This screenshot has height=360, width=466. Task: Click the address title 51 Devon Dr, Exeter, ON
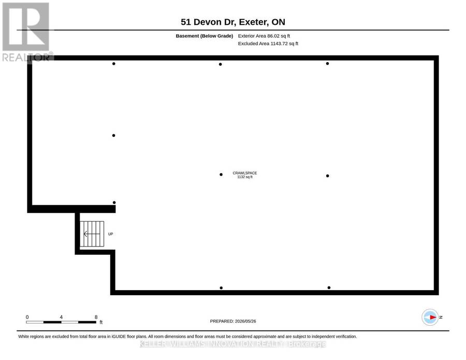(x=233, y=22)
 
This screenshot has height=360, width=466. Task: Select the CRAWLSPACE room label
(x=245, y=173)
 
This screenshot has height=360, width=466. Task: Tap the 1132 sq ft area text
(x=245, y=177)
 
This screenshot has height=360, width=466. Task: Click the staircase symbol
(x=92, y=234)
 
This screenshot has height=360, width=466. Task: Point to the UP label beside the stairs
(x=111, y=234)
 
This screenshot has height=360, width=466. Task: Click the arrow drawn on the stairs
(x=92, y=234)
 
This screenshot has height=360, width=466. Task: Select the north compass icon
(x=430, y=317)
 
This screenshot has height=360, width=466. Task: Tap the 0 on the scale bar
(x=27, y=317)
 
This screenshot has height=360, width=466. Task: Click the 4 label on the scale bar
(x=61, y=317)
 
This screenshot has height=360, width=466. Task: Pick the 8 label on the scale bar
(x=96, y=317)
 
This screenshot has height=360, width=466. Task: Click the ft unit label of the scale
(x=101, y=322)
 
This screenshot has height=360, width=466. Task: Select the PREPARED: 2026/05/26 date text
(x=233, y=321)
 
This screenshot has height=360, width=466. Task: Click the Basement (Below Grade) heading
(x=205, y=36)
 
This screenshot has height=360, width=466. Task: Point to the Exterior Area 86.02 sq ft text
(x=264, y=36)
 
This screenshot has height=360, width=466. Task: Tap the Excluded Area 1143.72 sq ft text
(x=268, y=44)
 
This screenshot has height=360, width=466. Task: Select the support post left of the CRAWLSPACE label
(x=221, y=175)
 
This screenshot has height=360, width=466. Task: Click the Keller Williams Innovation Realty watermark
(x=232, y=344)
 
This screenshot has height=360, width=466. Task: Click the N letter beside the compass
(x=441, y=317)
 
